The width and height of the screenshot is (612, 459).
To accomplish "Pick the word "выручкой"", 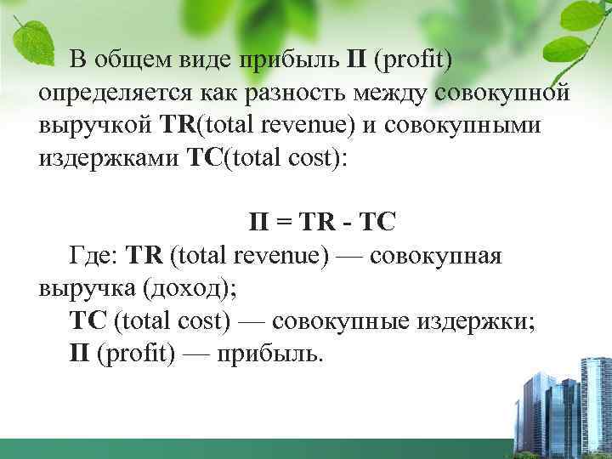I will click(94, 126).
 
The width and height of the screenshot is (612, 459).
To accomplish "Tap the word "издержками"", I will click(106, 158).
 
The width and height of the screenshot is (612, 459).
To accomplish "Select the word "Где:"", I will click(94, 255).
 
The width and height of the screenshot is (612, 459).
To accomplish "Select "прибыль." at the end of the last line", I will click(271, 353).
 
